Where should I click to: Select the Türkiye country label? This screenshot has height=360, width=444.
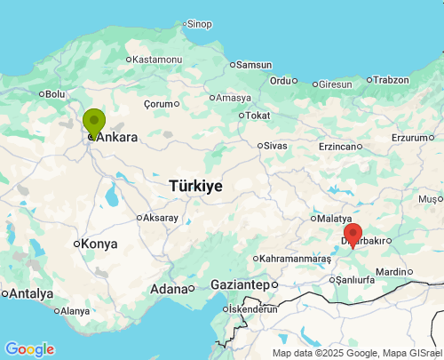pos(195,186)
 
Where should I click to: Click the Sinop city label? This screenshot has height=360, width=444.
pos(199,23)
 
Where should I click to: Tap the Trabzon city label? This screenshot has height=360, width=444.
pos(391,79)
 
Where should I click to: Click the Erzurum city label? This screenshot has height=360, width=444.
pos(409,137)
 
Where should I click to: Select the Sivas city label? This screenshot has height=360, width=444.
pos(276,145)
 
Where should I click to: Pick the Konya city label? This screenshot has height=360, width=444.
pos(99,244)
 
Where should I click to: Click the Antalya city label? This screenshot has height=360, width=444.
pos(31,293)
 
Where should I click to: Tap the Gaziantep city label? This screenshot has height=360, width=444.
pos(239,284)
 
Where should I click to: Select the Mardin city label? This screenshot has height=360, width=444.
pos(391,271)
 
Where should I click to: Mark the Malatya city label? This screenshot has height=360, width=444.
pos(335,218)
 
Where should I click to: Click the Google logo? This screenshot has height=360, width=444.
pos(29,349)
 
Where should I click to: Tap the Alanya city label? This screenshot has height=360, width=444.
pos(75,311)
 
